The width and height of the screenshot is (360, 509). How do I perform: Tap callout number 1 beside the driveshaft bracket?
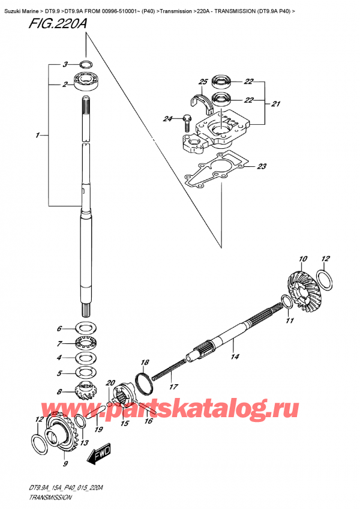(38, 136)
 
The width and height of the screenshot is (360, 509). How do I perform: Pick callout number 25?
(202, 82)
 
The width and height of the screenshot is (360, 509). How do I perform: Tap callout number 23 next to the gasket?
(262, 167)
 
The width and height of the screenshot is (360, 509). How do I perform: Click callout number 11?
(289, 322)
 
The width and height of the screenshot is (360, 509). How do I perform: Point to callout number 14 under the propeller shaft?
(235, 357)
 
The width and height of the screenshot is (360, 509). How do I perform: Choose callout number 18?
(145, 362)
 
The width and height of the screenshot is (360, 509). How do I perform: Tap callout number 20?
(110, 383)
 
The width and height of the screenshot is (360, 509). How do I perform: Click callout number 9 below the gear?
(65, 463)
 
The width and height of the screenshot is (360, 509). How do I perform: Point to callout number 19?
(98, 430)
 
